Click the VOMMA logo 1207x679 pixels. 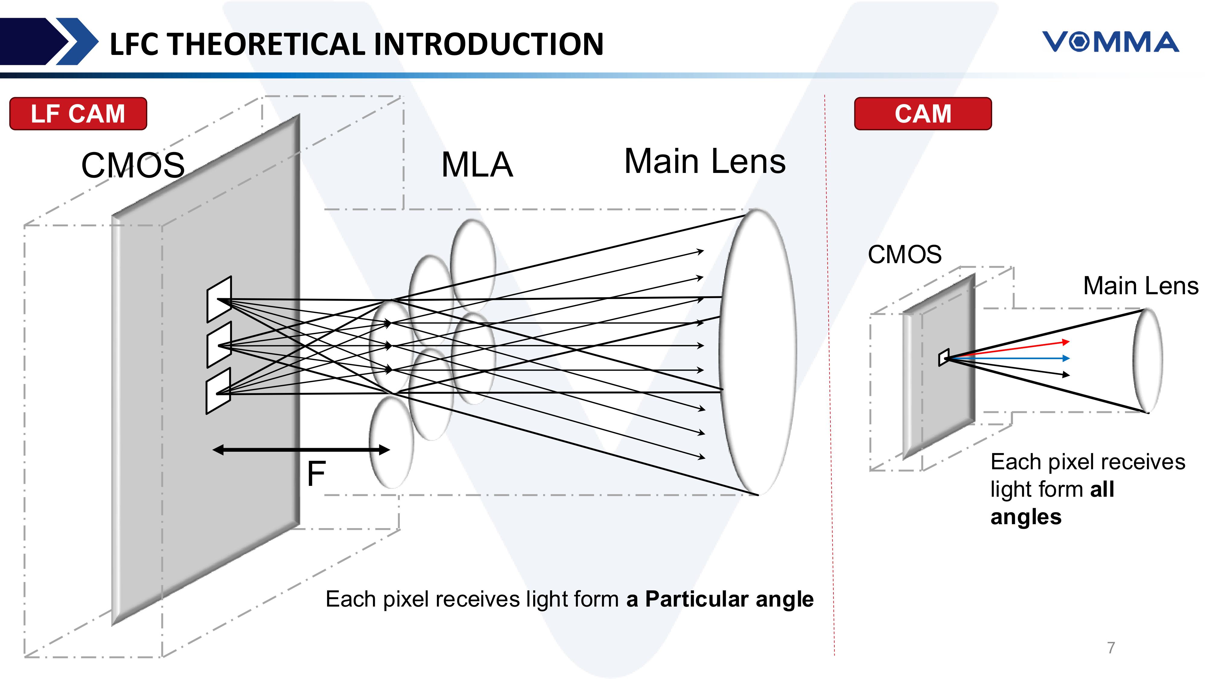(x=1110, y=42)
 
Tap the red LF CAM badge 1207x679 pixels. (x=78, y=114)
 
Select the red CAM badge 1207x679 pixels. (x=922, y=114)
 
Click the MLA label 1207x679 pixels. (x=477, y=165)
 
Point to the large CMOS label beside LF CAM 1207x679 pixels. (x=133, y=165)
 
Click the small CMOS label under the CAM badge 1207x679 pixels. (x=904, y=254)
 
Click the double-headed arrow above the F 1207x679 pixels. (x=301, y=450)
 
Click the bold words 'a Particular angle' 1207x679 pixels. (x=720, y=599)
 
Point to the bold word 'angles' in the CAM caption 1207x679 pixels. (x=1026, y=517)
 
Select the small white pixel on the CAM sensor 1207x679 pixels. (x=944, y=358)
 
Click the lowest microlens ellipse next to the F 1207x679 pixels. (x=391, y=443)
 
